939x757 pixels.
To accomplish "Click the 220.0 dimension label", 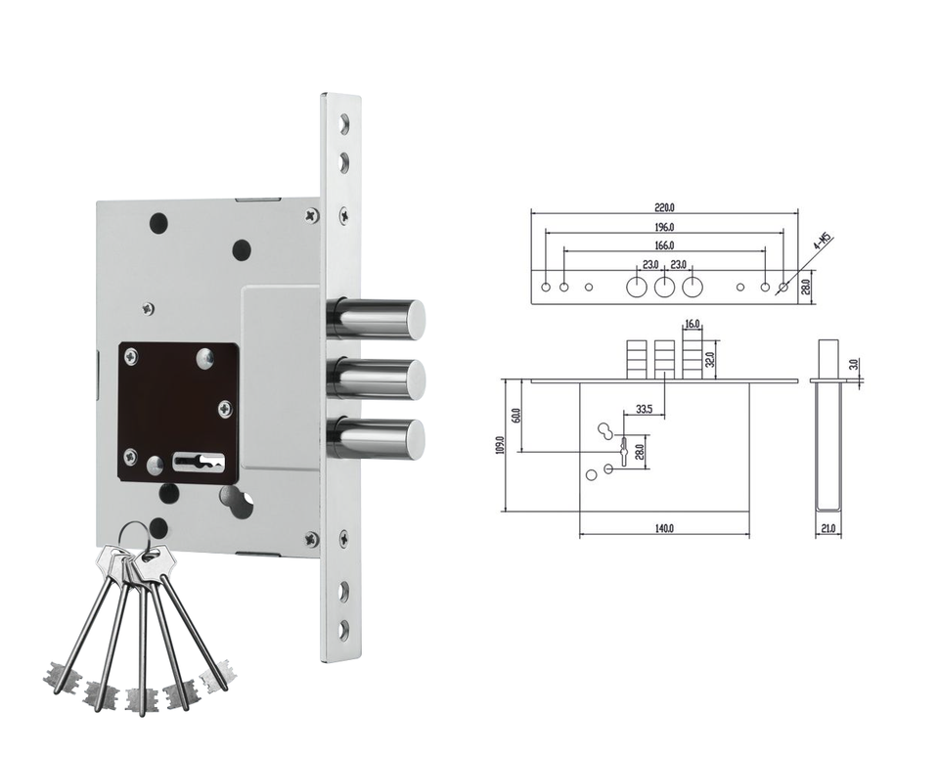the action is (x=664, y=207).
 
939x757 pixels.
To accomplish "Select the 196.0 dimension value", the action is (x=664, y=227).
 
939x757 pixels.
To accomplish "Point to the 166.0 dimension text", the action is (x=664, y=245).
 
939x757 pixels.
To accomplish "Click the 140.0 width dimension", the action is (x=664, y=528).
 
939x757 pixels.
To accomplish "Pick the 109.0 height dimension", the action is (x=500, y=445).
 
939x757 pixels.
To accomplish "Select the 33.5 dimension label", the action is (x=644, y=409).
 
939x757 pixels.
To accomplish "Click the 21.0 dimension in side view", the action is (x=828, y=529).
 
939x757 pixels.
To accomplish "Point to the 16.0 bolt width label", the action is (x=692, y=324).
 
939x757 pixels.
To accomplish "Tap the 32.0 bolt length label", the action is (x=710, y=359).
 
